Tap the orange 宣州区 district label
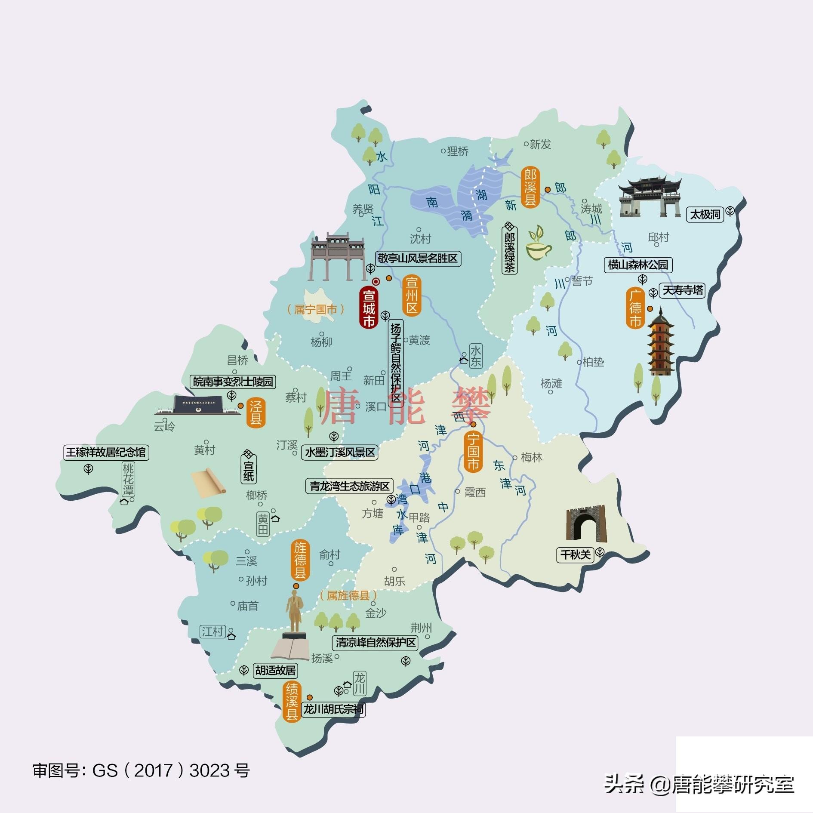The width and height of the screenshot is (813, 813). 412,296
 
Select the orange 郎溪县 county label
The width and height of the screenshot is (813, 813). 530,188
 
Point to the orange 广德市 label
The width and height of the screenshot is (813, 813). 635,308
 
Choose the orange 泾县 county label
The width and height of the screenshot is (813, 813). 256,413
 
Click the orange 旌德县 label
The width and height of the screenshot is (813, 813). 300,560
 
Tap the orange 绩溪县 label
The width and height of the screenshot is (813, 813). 292,702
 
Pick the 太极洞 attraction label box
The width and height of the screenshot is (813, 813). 705,214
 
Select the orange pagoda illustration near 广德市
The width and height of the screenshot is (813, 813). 660,342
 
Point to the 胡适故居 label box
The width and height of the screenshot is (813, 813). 275,670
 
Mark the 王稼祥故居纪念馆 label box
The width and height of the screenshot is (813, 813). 106,453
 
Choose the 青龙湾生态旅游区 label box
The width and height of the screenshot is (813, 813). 349,486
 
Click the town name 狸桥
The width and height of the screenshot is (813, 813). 457,151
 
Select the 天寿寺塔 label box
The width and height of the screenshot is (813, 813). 683,290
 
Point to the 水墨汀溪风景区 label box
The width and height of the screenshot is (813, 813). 340,453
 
